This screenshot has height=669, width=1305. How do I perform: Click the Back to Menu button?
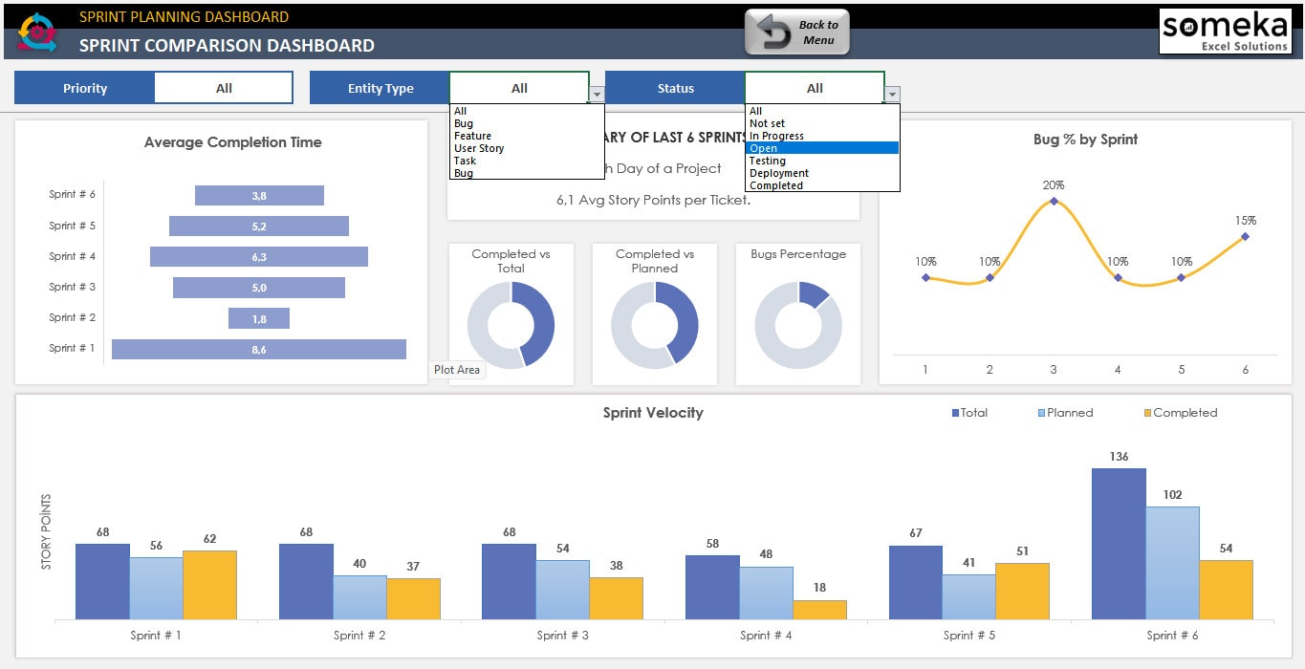coord(796,33)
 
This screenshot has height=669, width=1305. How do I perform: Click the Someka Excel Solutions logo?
coord(1224,32)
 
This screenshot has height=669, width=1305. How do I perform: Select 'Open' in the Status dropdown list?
coord(822,148)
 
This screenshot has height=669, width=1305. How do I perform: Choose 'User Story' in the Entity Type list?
coord(479,148)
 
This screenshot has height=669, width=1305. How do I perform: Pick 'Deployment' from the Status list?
coord(779,173)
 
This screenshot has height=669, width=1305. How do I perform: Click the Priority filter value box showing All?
coord(224,88)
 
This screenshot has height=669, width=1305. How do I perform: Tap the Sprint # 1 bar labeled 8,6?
coord(258,350)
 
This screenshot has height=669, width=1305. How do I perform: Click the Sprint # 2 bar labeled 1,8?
coord(258,319)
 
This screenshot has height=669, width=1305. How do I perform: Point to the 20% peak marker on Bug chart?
coord(1054,201)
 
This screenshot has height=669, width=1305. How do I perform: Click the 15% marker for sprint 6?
coord(1245,236)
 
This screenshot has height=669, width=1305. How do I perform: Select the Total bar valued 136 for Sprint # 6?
coord(1119,544)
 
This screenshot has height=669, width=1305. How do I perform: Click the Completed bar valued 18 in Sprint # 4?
coord(819,610)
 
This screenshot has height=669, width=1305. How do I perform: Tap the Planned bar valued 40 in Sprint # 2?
coord(359,597)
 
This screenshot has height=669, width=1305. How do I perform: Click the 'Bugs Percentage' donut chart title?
coord(798,254)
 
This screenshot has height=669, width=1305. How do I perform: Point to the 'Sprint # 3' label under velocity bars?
coord(563,636)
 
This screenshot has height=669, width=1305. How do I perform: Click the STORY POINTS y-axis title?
coord(46,532)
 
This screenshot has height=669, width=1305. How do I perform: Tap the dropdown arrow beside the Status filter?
coord(892,94)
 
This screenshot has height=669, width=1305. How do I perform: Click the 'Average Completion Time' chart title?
coord(232,142)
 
